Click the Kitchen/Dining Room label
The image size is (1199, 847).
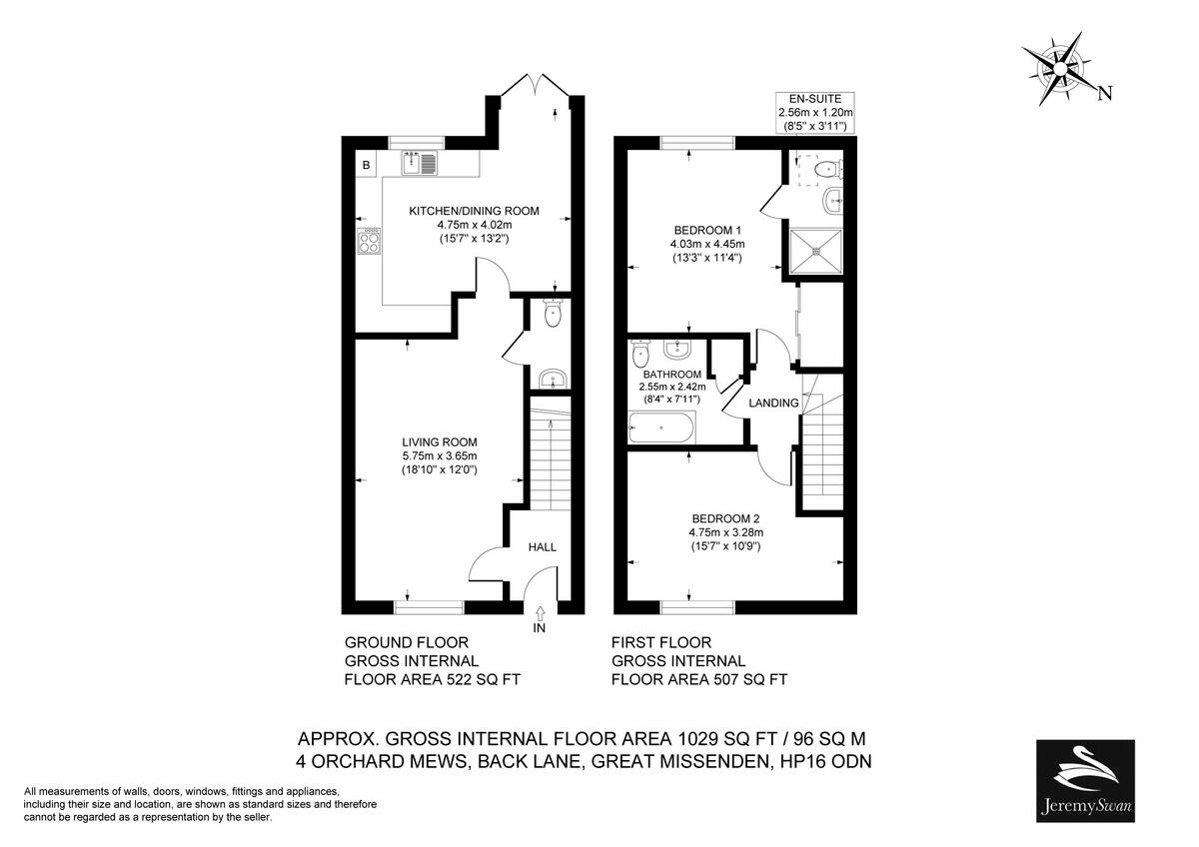(474, 211)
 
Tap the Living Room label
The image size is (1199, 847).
(440, 441)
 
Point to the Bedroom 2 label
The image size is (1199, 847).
(725, 518)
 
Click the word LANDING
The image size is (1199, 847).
(774, 403)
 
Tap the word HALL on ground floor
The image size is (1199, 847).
(542, 546)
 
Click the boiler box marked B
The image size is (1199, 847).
(367, 165)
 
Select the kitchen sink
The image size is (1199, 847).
(421, 162)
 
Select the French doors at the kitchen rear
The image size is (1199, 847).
(536, 86)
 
